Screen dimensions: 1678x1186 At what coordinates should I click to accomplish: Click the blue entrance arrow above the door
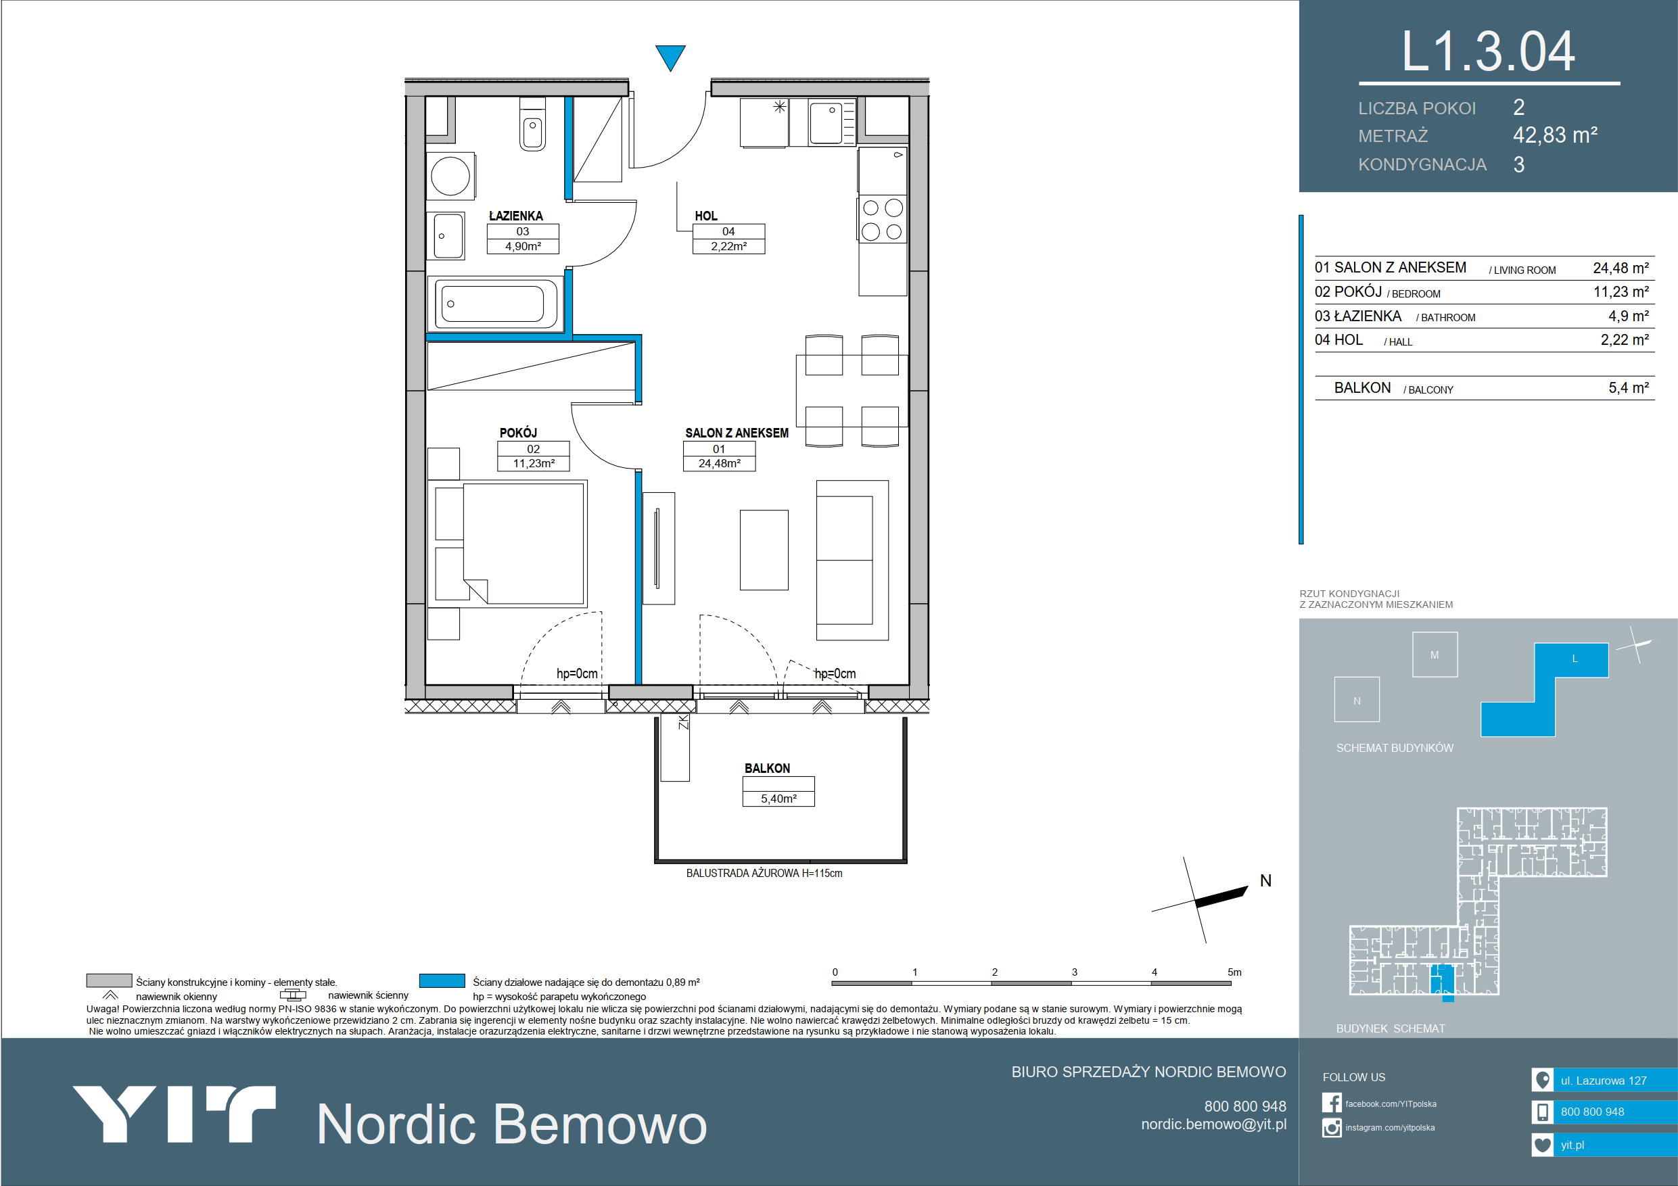click(670, 57)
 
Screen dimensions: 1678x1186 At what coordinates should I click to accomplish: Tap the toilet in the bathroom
click(532, 125)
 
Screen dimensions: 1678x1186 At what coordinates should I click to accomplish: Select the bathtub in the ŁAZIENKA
click(496, 303)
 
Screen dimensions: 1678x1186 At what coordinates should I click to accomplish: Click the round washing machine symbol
click(450, 175)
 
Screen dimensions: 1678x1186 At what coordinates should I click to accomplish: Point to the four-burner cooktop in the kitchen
click(882, 219)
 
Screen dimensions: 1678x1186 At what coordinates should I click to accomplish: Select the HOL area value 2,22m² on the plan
click(728, 246)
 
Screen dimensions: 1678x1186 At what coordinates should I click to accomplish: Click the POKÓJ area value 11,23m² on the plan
click(534, 463)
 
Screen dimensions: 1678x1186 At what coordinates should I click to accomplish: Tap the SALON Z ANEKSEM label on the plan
click(737, 433)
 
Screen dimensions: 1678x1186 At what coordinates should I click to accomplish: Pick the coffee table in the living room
click(764, 550)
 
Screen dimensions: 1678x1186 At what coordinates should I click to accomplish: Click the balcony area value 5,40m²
click(778, 799)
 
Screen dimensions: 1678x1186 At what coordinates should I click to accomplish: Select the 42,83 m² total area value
click(1555, 135)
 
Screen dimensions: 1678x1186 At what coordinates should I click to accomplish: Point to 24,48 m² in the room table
click(1621, 268)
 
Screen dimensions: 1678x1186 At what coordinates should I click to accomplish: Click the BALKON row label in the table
click(1362, 388)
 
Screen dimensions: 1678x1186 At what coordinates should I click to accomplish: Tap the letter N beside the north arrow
click(1266, 880)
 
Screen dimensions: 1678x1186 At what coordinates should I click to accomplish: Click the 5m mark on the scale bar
click(1234, 972)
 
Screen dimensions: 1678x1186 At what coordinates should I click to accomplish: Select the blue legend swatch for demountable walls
click(442, 980)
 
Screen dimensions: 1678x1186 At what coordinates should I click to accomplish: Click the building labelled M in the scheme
click(1435, 654)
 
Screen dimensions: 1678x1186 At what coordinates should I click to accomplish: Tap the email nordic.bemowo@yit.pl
click(1213, 1124)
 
